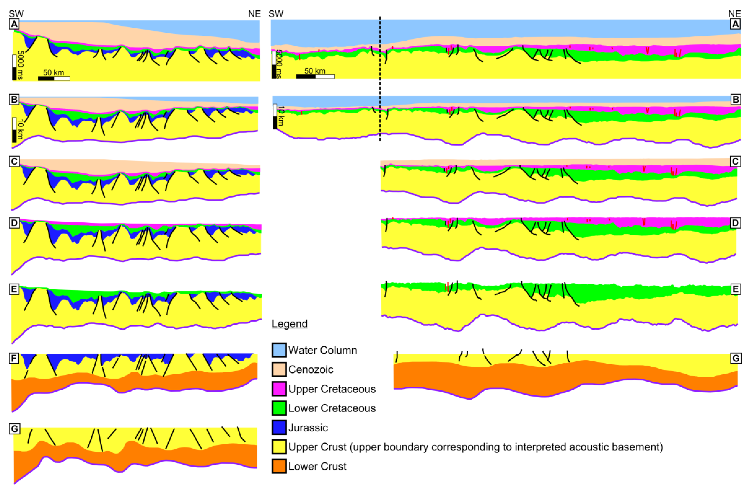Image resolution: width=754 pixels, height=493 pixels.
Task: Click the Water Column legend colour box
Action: [279, 350]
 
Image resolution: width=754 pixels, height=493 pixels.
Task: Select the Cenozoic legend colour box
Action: [279, 369]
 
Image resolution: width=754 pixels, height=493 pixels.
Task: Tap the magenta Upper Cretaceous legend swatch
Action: [279, 389]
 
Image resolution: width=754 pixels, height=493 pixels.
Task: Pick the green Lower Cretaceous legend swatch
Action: [279, 408]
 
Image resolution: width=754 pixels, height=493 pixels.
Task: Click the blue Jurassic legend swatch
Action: [279, 427]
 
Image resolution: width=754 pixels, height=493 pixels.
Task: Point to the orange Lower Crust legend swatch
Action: [279, 466]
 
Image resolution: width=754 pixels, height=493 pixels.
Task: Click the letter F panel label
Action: [14, 358]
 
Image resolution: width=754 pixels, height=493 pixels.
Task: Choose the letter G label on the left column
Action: [15, 429]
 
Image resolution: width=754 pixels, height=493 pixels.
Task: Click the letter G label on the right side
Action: [736, 358]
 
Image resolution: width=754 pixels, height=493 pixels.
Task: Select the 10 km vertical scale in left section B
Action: [14, 130]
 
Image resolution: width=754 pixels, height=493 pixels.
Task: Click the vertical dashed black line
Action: [380, 79]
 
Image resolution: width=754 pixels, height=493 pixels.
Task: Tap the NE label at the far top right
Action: [734, 14]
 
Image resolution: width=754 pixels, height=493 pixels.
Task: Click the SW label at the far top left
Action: [16, 14]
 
